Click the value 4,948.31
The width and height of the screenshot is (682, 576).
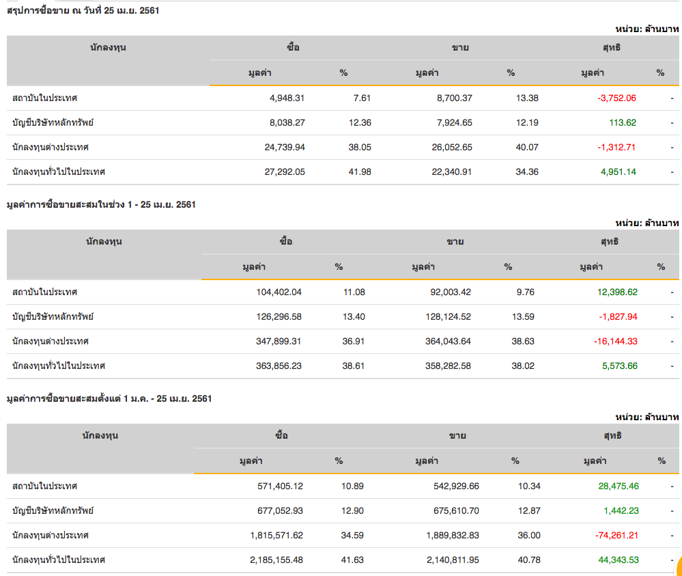point(287,98)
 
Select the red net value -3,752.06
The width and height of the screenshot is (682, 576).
point(616,98)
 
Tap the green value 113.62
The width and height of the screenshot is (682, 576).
point(622,122)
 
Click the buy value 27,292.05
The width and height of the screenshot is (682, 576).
point(285,172)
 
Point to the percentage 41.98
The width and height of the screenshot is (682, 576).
point(360,172)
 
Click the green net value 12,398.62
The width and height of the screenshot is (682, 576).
point(617,292)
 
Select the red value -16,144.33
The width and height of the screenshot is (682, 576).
point(616,341)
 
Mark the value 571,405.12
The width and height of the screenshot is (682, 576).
point(276,486)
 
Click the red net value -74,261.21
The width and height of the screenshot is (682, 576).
point(616,535)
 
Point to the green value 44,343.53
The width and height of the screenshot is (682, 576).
point(619,560)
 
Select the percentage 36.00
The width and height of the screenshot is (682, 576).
point(530,535)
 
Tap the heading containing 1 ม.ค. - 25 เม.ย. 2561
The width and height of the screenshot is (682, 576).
point(109,398)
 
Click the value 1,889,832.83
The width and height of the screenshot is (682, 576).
point(442,535)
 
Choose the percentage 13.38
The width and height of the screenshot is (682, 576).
point(527,98)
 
